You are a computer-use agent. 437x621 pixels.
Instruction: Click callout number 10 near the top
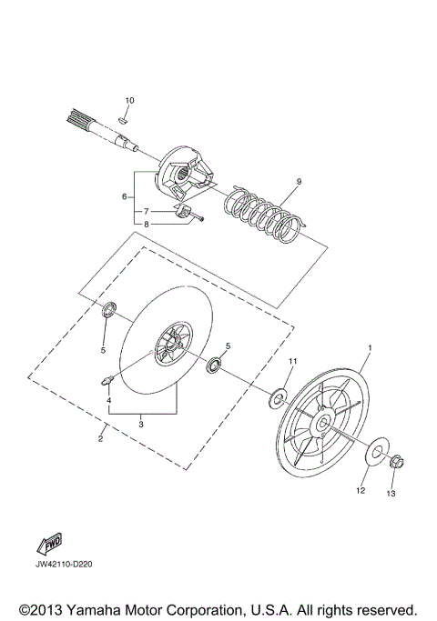coord(129,100)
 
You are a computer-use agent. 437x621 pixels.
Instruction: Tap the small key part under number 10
coord(123,120)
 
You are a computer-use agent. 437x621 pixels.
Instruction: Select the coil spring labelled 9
coord(264,214)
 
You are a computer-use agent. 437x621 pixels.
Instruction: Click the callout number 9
coord(299,181)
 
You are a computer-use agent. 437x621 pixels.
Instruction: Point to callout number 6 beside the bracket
coord(124,196)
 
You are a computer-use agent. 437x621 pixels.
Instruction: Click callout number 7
coord(146,211)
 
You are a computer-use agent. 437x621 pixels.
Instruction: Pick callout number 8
coord(146,225)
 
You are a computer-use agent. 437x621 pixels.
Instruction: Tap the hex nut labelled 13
coord(397,462)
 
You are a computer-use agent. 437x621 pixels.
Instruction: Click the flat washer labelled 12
coord(375,452)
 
